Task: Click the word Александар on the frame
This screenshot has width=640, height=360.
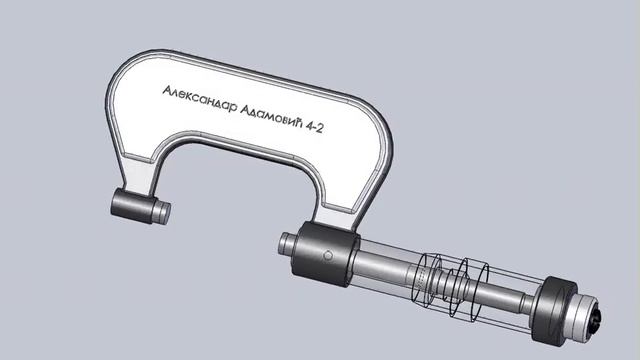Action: coord(200,100)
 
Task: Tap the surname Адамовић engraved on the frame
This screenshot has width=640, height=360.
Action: coord(272,117)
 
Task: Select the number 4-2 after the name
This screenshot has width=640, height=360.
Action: coord(315,127)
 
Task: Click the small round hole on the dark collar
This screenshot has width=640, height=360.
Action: coord(328,256)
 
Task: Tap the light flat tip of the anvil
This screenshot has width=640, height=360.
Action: coord(163,213)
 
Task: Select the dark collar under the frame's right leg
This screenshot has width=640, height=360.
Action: coord(326,254)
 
